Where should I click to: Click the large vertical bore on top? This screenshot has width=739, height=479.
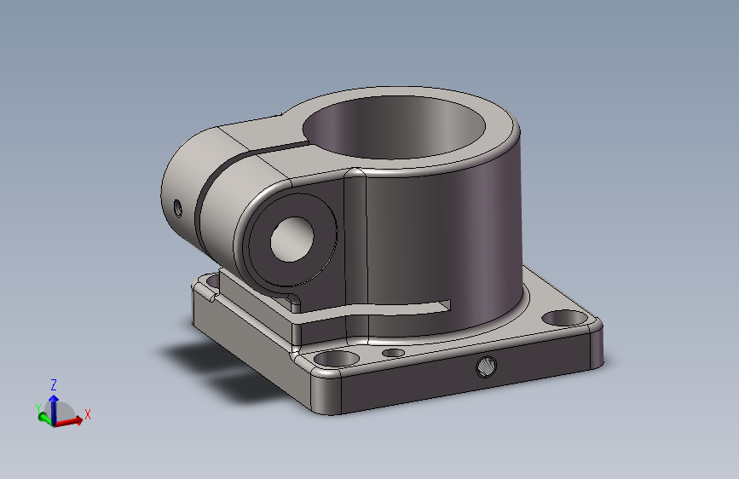click(x=394, y=127)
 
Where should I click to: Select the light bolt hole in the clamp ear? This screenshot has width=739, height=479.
click(x=292, y=239)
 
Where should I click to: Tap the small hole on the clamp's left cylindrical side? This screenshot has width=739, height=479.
click(x=177, y=207)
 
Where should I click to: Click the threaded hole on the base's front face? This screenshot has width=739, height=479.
click(x=486, y=366)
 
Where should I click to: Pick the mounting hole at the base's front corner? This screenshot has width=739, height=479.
click(x=336, y=359)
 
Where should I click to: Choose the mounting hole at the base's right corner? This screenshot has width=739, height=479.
click(x=564, y=318)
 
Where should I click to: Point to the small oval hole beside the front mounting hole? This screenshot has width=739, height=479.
click(x=394, y=353)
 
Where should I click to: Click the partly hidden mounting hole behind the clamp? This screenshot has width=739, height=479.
click(x=213, y=281)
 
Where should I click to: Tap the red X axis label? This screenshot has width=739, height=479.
click(x=87, y=414)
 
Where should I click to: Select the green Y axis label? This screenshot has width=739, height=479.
click(x=38, y=408)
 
